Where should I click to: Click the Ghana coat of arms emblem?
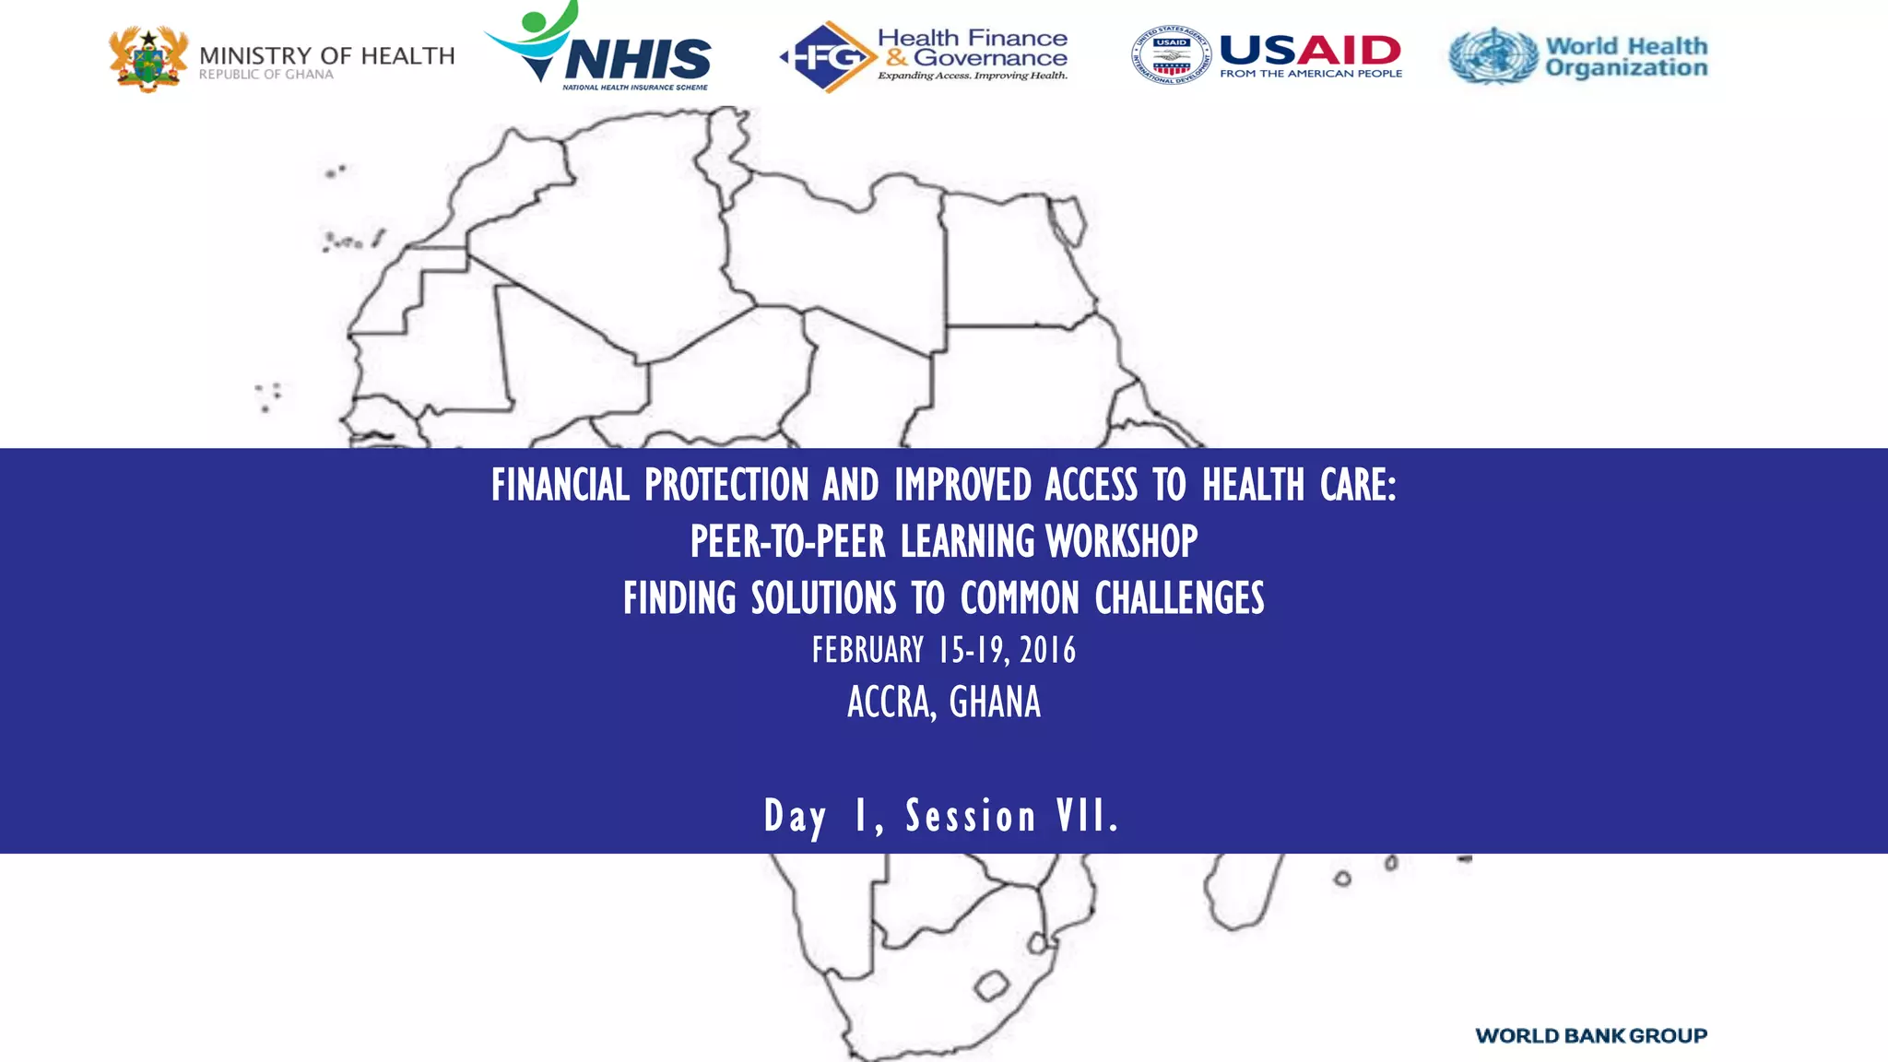147,59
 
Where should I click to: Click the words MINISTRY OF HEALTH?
326,55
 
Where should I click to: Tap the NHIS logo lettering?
638,60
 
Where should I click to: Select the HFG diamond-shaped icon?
826,57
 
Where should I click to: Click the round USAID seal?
1171,55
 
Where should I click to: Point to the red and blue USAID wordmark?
1310,50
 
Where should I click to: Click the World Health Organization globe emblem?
1493,55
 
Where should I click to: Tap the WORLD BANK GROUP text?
1590,1035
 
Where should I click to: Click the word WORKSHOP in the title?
1122,541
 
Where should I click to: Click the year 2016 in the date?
1048,651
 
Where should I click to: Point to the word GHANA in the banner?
995,702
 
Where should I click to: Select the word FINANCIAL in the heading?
560,485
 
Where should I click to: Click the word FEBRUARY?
867,651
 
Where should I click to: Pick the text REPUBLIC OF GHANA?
265,75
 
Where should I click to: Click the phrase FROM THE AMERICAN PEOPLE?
1310,74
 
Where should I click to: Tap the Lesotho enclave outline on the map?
991,985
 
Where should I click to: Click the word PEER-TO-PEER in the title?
787,541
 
